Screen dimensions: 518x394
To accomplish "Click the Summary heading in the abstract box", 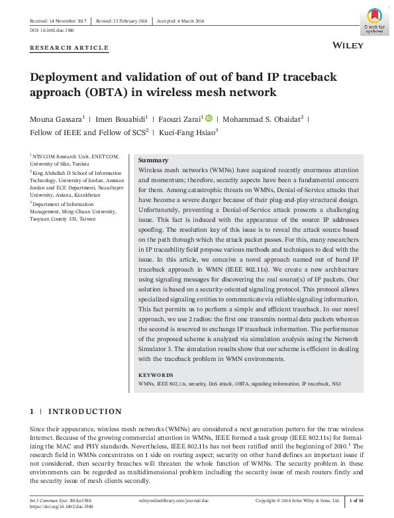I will pos(152,161).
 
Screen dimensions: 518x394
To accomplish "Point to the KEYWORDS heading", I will pos(156,375).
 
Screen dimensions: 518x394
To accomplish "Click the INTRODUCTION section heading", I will pos(85,411).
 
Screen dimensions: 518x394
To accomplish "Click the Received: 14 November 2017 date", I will pos(58,21).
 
